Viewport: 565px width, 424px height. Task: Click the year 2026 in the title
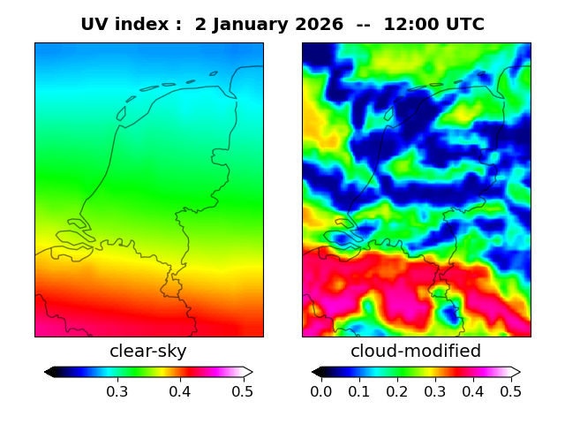pyautogui.click(x=320, y=25)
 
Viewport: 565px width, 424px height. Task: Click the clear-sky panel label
pyautogui.click(x=148, y=352)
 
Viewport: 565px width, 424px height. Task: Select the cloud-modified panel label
pyautogui.click(x=416, y=352)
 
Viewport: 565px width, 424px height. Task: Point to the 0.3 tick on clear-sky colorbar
pyautogui.click(x=117, y=391)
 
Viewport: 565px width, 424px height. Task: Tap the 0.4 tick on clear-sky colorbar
pyautogui.click(x=180, y=391)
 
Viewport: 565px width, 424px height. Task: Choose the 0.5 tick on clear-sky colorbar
pyautogui.click(x=243, y=391)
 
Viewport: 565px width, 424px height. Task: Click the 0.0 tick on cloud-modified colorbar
pyautogui.click(x=321, y=391)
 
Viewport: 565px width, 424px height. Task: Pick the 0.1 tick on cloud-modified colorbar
pyautogui.click(x=359, y=391)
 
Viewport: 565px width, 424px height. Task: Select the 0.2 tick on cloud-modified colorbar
pyautogui.click(x=397, y=391)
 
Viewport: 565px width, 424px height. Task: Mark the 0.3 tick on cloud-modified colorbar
pyautogui.click(x=435, y=391)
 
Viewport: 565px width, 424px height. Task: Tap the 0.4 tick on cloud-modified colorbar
pyautogui.click(x=473, y=391)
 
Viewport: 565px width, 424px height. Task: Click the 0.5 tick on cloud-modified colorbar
pyautogui.click(x=510, y=391)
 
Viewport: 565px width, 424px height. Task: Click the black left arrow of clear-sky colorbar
pyautogui.click(x=49, y=372)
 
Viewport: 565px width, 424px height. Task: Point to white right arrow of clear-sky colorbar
pyautogui.click(x=248, y=372)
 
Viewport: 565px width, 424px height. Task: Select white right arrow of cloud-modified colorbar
pyautogui.click(x=516, y=372)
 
